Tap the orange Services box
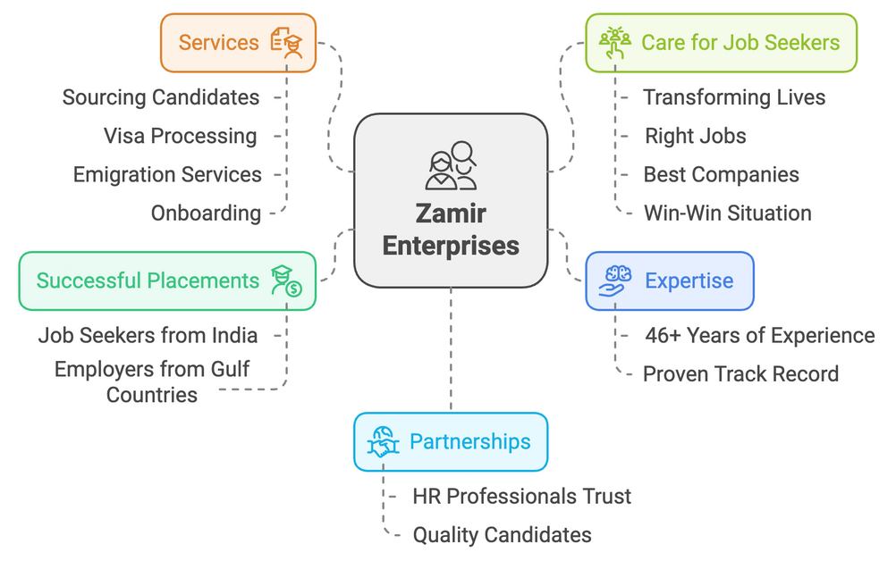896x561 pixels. [x=238, y=42]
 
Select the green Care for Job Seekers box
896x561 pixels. [x=720, y=42]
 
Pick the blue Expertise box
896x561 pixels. [x=669, y=281]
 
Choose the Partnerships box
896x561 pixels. [x=450, y=441]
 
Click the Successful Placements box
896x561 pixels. [x=167, y=280]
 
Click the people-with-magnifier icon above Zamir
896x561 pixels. [x=451, y=164]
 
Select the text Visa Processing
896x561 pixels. [x=180, y=136]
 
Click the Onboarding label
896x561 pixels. [x=206, y=213]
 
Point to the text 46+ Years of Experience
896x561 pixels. [x=759, y=335]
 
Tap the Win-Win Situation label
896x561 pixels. [x=727, y=213]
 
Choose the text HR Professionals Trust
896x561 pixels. [x=521, y=496]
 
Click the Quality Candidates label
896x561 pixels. [x=502, y=535]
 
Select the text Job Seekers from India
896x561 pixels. [x=148, y=335]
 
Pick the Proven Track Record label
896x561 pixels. [x=740, y=373]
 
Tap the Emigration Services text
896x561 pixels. [x=167, y=174]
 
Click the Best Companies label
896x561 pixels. [x=721, y=174]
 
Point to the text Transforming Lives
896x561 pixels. [x=734, y=96]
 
